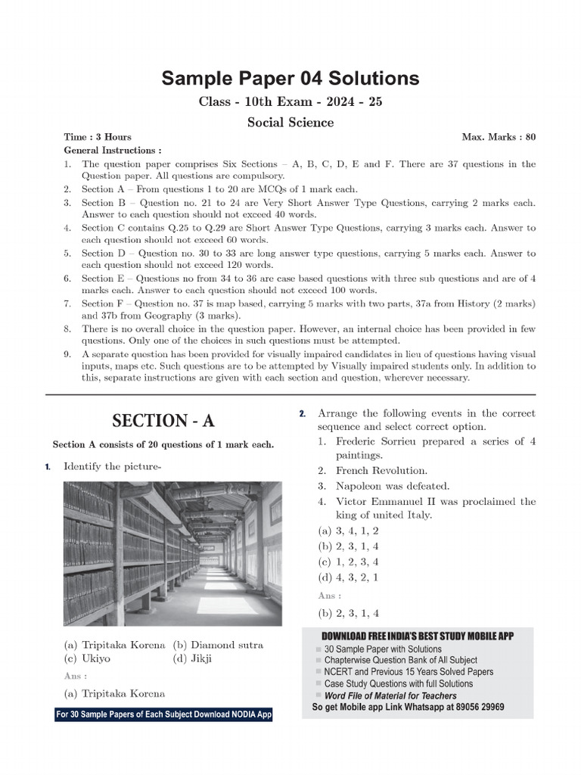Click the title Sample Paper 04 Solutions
click(290, 78)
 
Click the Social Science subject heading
click(290, 122)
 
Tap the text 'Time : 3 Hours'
click(98, 137)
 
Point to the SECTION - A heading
click(163, 421)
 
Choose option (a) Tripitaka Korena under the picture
click(115, 645)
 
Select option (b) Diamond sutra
click(218, 645)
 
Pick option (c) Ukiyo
click(87, 658)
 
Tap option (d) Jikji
click(193, 658)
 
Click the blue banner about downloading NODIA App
click(163, 714)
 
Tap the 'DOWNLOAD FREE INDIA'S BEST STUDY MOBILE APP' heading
click(418, 636)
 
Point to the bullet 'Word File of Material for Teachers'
click(390, 695)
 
